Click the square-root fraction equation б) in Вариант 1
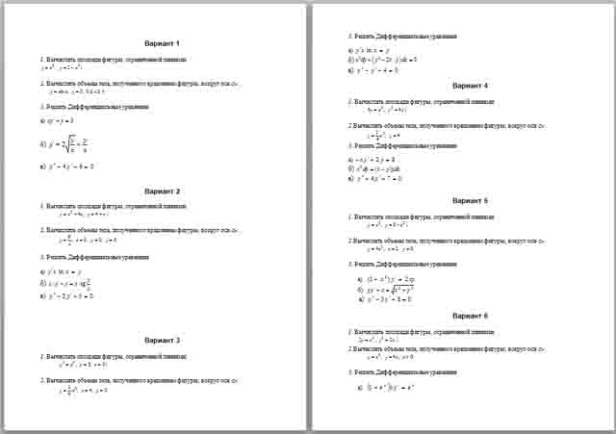click(x=88, y=144)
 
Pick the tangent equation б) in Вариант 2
click(x=88, y=284)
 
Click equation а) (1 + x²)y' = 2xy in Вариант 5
click(x=395, y=277)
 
